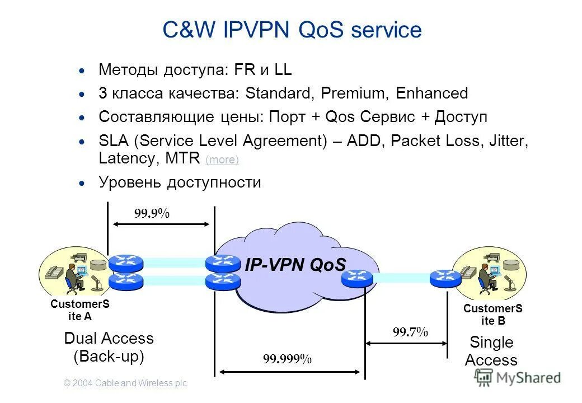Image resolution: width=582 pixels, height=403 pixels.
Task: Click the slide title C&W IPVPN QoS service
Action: coord(292,30)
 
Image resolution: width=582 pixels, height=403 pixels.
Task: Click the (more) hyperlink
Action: coord(222,160)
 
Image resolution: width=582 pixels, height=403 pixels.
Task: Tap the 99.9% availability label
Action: coord(151,213)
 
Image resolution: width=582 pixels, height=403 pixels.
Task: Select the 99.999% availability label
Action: coord(287,359)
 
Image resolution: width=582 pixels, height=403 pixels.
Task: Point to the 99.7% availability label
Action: coord(410,332)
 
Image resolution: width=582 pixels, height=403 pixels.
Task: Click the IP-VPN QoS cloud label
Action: coord(295,265)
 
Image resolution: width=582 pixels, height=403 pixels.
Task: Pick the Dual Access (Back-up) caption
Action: coord(109,347)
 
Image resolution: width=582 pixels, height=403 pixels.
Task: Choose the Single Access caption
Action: coord(491,351)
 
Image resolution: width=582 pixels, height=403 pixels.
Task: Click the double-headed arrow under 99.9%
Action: coord(161,224)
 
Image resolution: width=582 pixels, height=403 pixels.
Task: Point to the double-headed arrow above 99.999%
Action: coord(289,370)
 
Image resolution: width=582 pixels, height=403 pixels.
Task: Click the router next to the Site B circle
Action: coord(445,277)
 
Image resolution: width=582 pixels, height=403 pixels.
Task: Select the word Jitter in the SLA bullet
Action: coord(506,140)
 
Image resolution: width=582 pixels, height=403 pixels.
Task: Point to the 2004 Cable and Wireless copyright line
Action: coord(125,383)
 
